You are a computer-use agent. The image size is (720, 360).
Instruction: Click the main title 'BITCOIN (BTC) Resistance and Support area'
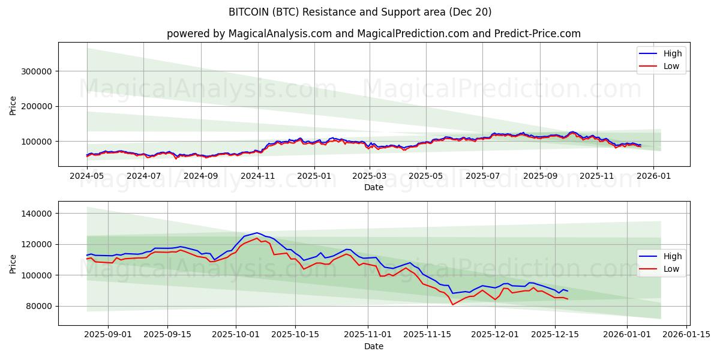point(360,12)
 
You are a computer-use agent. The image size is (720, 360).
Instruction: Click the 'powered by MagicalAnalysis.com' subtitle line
point(373,34)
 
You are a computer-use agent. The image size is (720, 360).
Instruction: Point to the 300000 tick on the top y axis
point(38,71)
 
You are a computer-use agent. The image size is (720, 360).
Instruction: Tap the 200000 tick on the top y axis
point(38,106)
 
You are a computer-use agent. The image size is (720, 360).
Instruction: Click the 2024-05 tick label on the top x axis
point(87,176)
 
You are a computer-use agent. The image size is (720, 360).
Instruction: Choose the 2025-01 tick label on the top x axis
point(314,176)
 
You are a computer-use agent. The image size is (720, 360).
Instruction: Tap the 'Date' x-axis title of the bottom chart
point(373,346)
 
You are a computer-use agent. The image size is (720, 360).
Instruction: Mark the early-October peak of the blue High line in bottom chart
point(257,233)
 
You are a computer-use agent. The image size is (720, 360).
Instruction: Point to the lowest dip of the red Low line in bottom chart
point(452,305)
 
